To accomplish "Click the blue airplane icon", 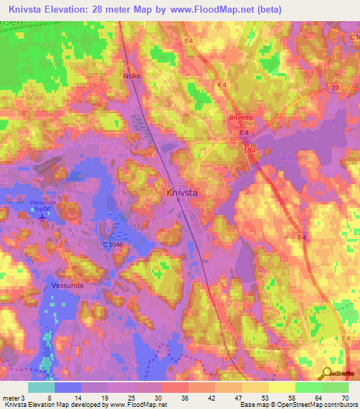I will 43,216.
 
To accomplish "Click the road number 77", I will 334,88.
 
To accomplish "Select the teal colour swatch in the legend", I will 41,387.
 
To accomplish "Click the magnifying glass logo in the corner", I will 328,373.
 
